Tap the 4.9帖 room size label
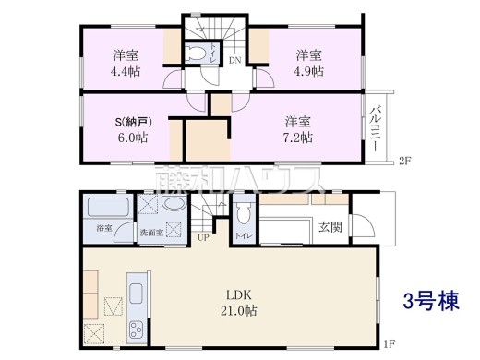[308, 71]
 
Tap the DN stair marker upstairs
[234, 62]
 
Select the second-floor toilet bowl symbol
[196, 55]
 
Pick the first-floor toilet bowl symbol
[243, 216]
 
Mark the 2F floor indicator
[403, 161]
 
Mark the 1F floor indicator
[389, 344]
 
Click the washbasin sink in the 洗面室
[174, 230]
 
